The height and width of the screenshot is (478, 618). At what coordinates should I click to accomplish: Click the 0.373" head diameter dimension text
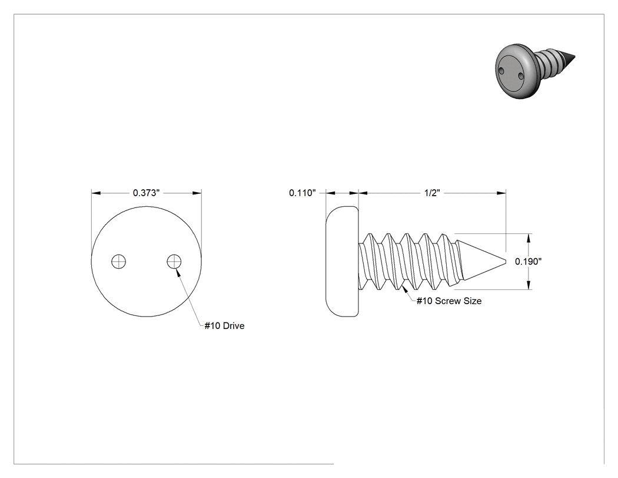(x=146, y=193)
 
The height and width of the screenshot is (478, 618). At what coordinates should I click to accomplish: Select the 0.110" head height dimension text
(x=303, y=193)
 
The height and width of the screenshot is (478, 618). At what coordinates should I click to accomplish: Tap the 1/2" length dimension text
(x=432, y=193)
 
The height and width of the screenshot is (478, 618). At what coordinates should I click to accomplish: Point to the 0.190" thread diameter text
(x=528, y=261)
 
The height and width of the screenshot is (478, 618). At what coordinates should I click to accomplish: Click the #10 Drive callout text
(x=224, y=325)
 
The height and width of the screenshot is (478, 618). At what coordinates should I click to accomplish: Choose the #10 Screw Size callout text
(x=449, y=301)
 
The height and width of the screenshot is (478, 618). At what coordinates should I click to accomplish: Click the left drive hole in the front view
(x=119, y=261)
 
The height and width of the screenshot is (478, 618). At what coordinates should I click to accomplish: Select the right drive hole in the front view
(x=174, y=261)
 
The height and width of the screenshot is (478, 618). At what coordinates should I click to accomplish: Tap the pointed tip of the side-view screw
(x=505, y=261)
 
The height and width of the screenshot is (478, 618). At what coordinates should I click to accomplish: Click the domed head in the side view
(x=342, y=261)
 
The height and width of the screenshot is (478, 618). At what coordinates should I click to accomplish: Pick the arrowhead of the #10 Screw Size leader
(x=404, y=289)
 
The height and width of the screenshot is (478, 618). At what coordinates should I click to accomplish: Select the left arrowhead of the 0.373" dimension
(x=96, y=193)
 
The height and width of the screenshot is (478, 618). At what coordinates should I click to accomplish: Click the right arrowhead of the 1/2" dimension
(x=501, y=193)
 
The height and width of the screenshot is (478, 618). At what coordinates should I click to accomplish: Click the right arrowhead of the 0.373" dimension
(x=197, y=193)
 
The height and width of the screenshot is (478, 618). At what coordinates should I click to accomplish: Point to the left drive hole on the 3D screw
(x=501, y=71)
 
